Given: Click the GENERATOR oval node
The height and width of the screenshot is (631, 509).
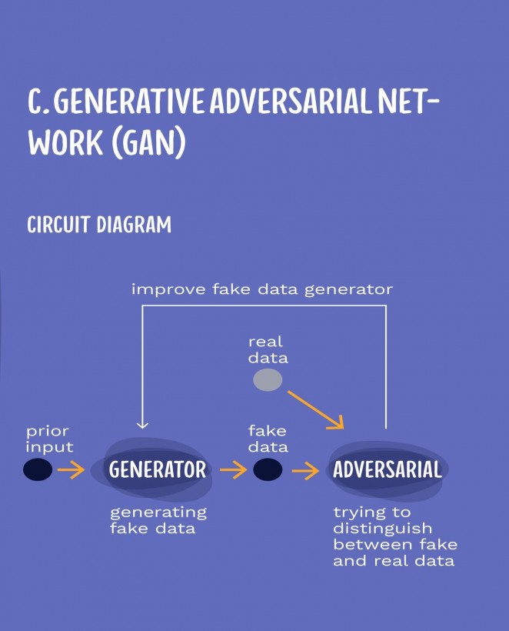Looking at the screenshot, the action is click(x=152, y=469).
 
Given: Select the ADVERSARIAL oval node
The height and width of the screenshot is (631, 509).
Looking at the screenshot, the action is click(x=388, y=470).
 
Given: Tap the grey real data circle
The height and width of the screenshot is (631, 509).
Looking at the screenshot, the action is click(x=268, y=380).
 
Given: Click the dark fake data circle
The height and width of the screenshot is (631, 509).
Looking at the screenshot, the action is click(x=268, y=469).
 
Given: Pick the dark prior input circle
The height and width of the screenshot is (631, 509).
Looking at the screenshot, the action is click(x=38, y=469).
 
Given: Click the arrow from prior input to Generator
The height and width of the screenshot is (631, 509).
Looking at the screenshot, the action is click(x=71, y=469).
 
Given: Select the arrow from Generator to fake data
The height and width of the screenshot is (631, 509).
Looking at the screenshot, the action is click(x=233, y=469).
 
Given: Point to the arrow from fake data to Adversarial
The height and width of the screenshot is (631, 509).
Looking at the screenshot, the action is click(x=305, y=470).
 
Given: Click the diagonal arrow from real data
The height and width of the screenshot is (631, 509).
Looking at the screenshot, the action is click(x=316, y=409).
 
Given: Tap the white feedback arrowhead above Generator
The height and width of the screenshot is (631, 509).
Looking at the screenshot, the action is click(x=142, y=425).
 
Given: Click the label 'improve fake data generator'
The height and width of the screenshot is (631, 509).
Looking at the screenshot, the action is click(x=262, y=289).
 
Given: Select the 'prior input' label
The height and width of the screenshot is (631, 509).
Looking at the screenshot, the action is click(x=49, y=439).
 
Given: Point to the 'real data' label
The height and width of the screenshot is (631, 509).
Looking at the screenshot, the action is click(x=268, y=350).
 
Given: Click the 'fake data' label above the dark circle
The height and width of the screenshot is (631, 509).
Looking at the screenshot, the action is click(x=268, y=439).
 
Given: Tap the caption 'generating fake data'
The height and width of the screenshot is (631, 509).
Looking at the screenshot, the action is click(x=158, y=521).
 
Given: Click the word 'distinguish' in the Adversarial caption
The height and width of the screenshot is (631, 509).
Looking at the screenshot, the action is click(x=383, y=528).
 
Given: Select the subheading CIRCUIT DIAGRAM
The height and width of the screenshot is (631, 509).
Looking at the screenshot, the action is click(x=99, y=225).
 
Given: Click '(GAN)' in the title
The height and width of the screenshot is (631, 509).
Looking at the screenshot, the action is click(x=148, y=142).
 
